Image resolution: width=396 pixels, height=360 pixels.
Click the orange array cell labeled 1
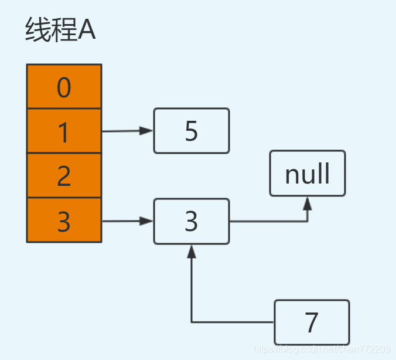[x=64, y=131]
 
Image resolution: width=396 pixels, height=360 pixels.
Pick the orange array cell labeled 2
[x=64, y=176]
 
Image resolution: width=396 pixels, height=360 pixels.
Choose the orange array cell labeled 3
[x=64, y=220]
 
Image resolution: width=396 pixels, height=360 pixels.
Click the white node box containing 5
[x=192, y=131]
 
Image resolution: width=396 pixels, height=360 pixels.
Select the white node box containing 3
[x=192, y=222]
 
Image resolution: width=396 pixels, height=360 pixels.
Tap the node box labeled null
[x=308, y=174]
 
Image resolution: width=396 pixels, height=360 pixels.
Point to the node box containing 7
[x=312, y=322]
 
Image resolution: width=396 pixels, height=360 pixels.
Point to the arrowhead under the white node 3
[x=192, y=251]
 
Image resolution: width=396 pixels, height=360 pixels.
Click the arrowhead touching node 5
[x=147, y=131]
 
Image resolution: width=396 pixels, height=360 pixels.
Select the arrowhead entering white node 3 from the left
[x=147, y=222]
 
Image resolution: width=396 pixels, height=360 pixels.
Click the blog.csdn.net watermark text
[x=322, y=349]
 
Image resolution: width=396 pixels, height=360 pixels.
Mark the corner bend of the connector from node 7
[x=192, y=322]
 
